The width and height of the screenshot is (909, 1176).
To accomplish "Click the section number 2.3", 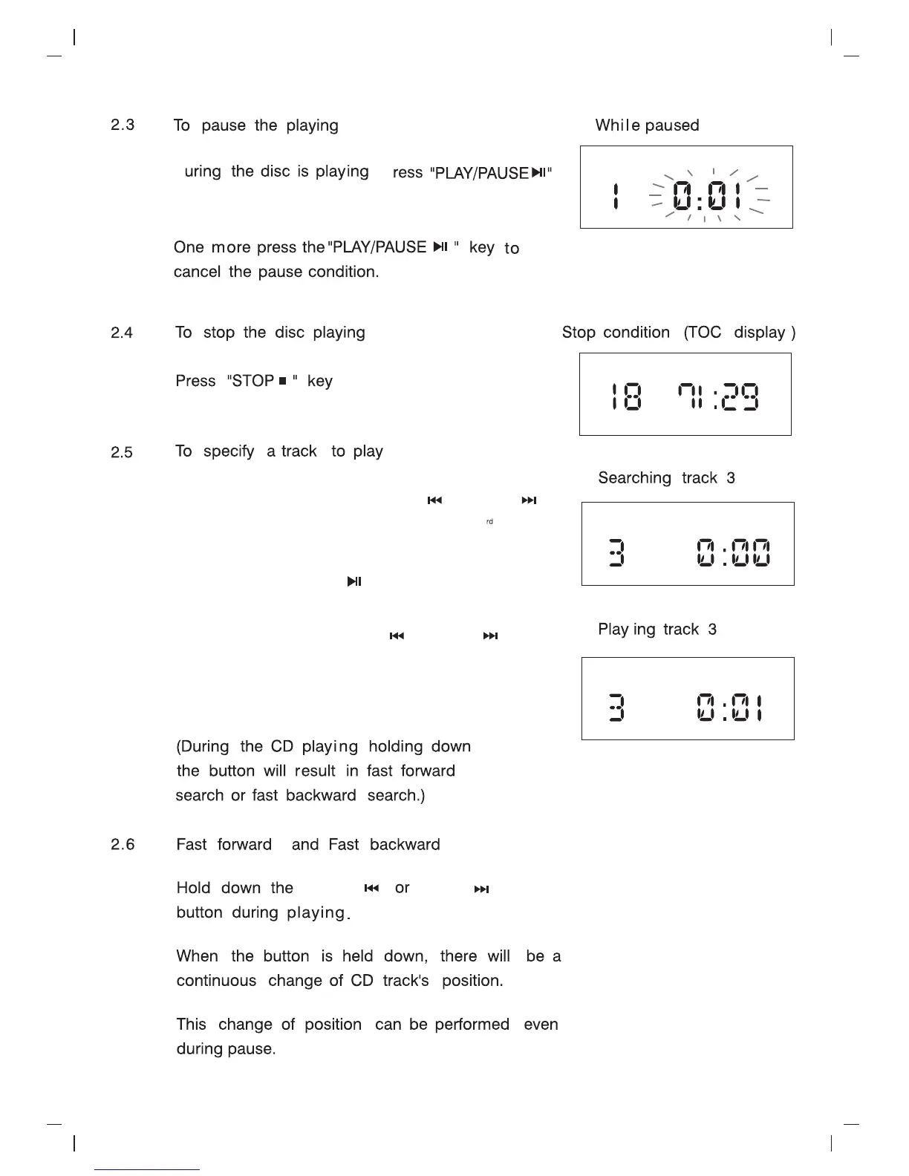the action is [x=123, y=125].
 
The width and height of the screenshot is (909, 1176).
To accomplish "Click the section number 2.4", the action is [x=122, y=333].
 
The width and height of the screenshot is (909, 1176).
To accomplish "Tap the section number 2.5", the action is [x=122, y=452].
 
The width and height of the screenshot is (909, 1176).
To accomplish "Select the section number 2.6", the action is [x=123, y=845].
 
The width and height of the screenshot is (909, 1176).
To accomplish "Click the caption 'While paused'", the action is [x=647, y=125].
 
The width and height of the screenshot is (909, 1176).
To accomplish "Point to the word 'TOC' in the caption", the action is [x=703, y=333].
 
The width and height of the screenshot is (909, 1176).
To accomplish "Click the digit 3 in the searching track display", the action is [x=616, y=553].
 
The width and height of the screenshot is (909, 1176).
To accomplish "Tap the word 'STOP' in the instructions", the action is [x=253, y=381].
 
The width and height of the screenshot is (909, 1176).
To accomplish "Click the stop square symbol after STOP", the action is [x=282, y=382].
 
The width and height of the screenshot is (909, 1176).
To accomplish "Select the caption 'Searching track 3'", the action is [x=666, y=478].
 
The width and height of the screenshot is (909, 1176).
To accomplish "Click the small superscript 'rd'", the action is [x=489, y=522].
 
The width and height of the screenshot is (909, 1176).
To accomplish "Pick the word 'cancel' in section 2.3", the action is [x=197, y=272].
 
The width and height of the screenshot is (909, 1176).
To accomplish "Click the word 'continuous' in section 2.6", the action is [x=216, y=981].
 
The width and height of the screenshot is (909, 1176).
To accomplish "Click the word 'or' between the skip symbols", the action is [x=402, y=889].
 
